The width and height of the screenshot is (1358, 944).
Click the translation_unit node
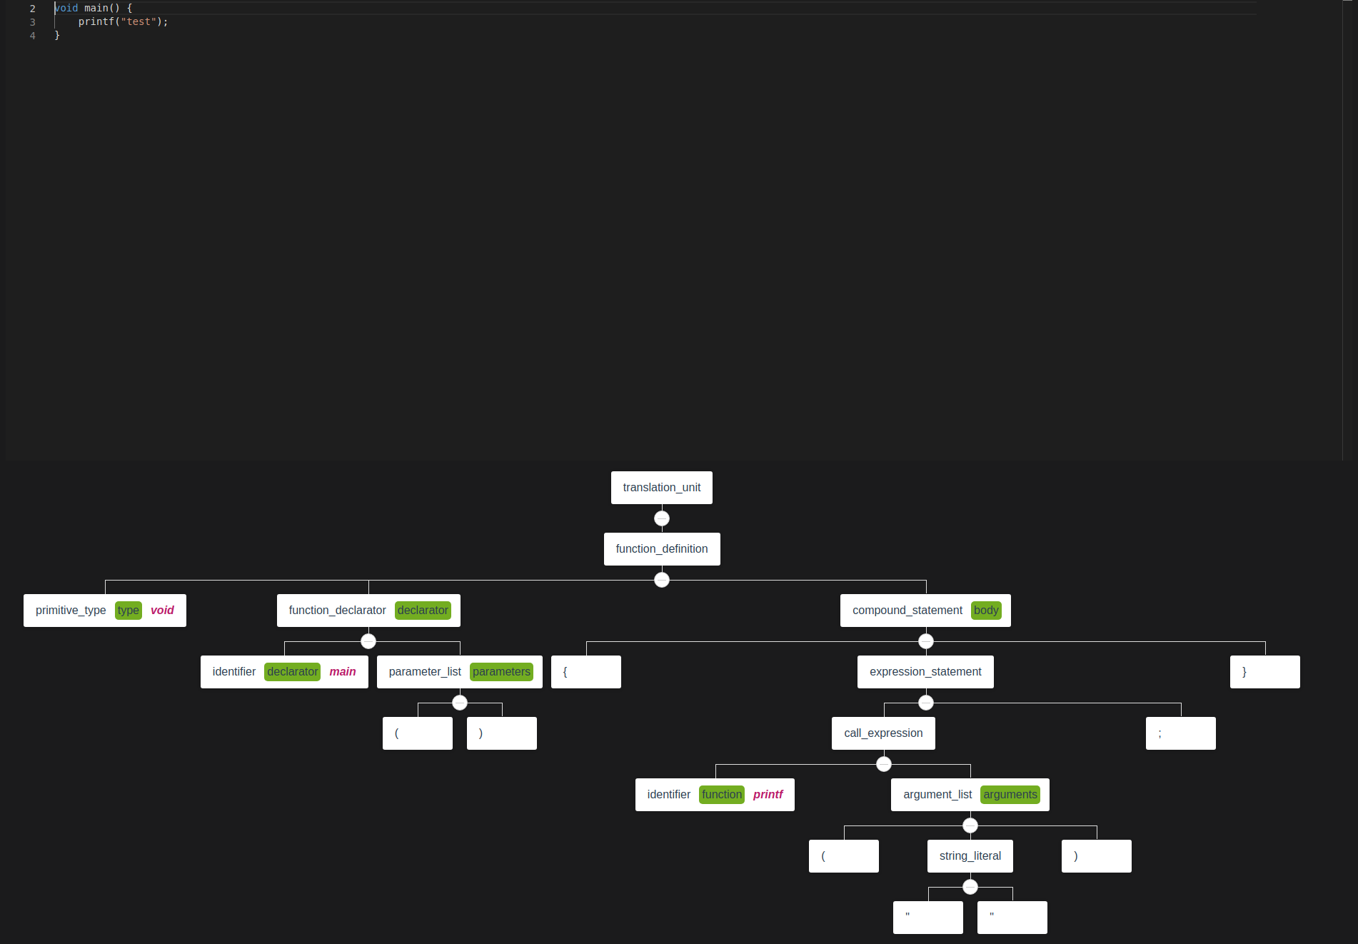661,488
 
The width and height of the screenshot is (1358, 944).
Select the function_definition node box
661,549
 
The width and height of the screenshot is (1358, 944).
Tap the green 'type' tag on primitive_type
129,611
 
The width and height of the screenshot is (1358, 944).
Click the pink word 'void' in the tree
162,611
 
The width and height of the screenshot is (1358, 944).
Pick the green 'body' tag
986,611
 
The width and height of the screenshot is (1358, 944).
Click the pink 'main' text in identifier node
343,672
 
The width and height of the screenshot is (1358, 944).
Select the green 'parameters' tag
501,672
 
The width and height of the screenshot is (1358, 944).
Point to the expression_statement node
925,672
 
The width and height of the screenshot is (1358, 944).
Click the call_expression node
883,733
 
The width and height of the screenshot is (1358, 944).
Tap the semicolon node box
1180,733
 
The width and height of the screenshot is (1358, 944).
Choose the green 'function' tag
722,795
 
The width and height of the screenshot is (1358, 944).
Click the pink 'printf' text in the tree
768,795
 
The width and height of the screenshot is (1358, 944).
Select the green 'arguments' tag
1010,795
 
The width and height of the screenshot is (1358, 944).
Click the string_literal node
970,856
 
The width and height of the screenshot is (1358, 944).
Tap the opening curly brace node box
585,672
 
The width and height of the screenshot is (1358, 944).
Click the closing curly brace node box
1264,672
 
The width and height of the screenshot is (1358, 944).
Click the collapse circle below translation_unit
662,518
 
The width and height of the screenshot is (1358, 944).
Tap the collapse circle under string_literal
970,887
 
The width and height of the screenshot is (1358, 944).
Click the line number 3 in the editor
33,22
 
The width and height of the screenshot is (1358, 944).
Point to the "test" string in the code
139,22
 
